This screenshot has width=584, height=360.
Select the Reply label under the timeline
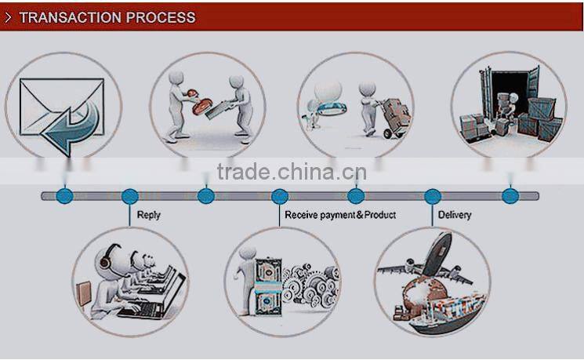[148, 215]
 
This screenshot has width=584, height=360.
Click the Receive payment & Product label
[340, 215]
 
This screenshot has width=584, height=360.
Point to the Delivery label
[455, 215]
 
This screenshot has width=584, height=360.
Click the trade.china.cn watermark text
[290, 172]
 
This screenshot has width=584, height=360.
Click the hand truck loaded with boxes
[393, 118]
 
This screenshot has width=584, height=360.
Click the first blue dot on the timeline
[65, 196]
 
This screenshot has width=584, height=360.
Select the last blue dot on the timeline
[510, 196]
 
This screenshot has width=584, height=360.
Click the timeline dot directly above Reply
[130, 196]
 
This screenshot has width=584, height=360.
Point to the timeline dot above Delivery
[432, 196]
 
